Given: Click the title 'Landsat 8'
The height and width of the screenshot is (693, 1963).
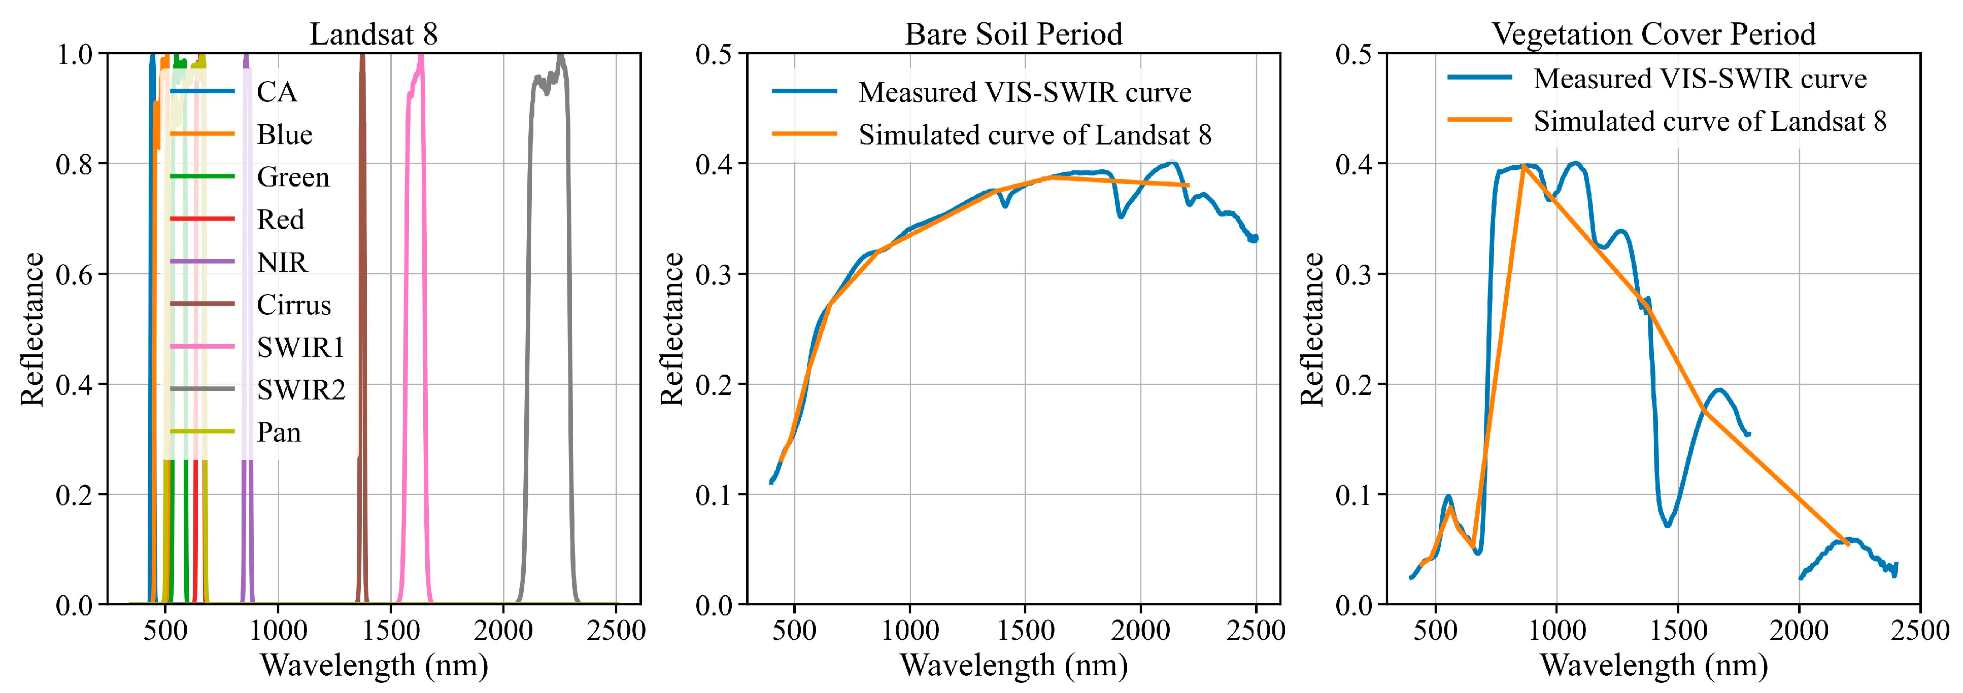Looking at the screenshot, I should (x=374, y=34).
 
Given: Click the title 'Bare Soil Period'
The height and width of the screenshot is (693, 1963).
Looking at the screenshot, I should (x=1013, y=34).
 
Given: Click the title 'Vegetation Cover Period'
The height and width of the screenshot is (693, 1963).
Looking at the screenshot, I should (x=1653, y=34).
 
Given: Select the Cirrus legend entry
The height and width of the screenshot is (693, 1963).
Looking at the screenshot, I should (x=293, y=305).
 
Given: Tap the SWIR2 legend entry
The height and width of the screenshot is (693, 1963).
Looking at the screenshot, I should (x=300, y=390).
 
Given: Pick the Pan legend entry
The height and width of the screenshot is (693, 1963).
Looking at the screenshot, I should (x=278, y=432).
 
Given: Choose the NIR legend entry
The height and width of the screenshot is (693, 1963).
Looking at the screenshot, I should (x=282, y=262).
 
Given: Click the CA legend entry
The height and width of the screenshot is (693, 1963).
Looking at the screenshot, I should (x=276, y=92).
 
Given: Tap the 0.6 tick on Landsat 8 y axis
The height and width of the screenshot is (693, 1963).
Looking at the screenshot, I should (x=74, y=274).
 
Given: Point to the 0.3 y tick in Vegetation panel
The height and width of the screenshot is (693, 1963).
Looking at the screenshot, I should (x=1353, y=274).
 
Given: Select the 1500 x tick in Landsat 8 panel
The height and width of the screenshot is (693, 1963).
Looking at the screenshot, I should (x=390, y=631).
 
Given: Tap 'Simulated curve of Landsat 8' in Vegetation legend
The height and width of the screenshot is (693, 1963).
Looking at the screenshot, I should (x=1709, y=121).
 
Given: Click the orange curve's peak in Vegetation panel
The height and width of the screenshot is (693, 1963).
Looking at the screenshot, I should (x=1522, y=166).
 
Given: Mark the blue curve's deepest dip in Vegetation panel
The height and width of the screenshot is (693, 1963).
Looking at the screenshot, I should (x=1667, y=525).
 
